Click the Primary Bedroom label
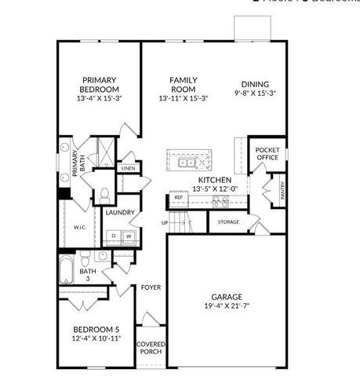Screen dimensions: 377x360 [99, 84]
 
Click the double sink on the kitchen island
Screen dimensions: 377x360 [187, 163]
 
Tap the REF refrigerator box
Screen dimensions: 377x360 [179, 197]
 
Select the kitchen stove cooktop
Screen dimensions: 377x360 [220, 202]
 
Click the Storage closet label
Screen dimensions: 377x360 [228, 222]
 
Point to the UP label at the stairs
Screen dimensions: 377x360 [165, 223]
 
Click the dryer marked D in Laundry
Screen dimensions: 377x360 [114, 235]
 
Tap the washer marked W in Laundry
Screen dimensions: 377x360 [128, 235]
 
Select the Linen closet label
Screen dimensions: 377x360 [128, 168]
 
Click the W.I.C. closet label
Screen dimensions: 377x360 [80, 228]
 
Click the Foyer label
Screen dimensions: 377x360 [151, 287]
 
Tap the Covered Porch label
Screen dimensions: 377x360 [151, 348]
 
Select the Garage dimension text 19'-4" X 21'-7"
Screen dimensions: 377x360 [226, 307]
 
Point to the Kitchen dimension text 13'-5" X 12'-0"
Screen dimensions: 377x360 [214, 188]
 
